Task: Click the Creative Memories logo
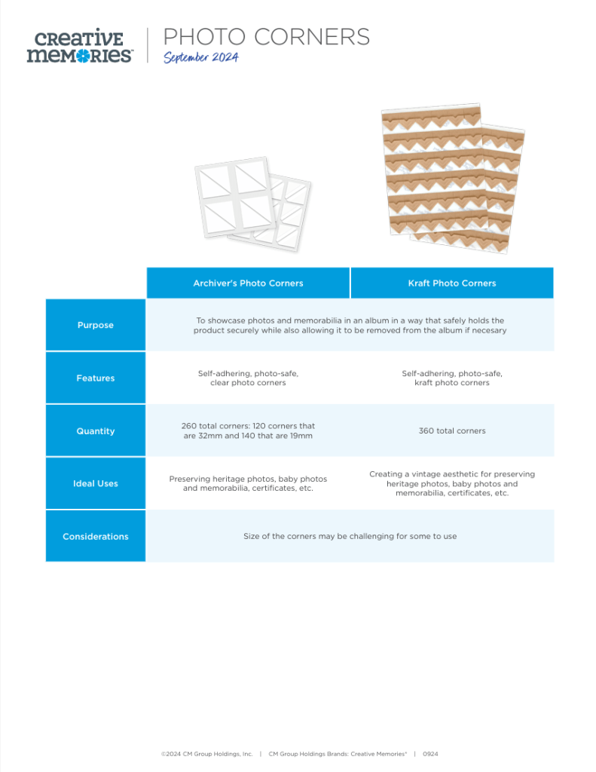(x=79, y=46)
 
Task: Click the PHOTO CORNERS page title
(x=266, y=36)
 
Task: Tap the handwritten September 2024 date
(x=200, y=58)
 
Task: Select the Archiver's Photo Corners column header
(x=248, y=283)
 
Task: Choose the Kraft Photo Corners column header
(x=451, y=283)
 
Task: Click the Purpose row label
(x=96, y=325)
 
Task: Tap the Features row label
(x=96, y=378)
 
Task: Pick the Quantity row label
(x=96, y=430)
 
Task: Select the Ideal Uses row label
(x=96, y=483)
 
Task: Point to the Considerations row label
(x=96, y=536)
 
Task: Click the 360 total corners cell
(x=451, y=430)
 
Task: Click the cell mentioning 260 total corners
(x=248, y=430)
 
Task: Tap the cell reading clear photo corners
(x=248, y=378)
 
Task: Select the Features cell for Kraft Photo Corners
(x=451, y=378)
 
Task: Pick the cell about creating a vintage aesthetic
(x=451, y=483)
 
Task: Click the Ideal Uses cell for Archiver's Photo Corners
(x=248, y=483)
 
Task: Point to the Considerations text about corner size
(x=350, y=536)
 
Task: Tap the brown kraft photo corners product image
(x=453, y=176)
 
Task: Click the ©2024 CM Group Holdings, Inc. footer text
(x=206, y=753)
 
